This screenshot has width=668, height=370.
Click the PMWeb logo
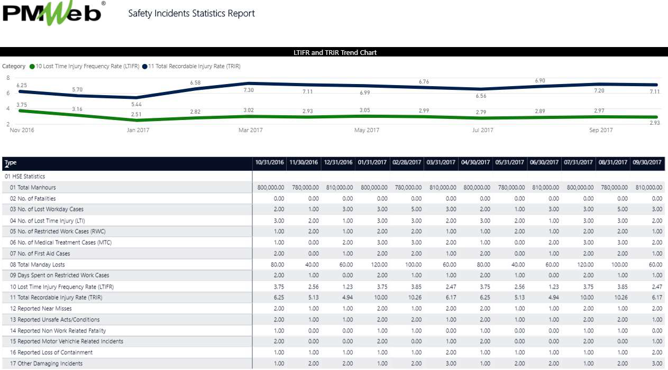pos(53,14)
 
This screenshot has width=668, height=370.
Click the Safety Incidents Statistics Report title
pos(191,14)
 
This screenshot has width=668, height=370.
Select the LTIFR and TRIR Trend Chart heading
pos(335,52)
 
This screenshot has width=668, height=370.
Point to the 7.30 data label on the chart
pos(248,90)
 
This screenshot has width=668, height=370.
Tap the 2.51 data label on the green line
pos(136,114)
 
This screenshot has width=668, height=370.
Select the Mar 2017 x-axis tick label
pos(250,130)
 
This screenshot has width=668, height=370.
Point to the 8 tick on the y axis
pos(7,78)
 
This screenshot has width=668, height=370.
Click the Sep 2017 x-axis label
pos(601,130)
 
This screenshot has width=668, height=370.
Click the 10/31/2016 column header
pos(270,162)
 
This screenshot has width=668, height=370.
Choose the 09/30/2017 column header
pos(647,162)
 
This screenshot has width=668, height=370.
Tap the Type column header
pos(11,163)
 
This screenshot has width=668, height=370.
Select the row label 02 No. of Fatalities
pos(33,199)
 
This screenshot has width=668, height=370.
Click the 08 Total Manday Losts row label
pos(37,264)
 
